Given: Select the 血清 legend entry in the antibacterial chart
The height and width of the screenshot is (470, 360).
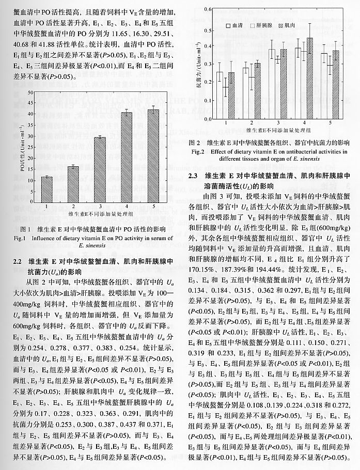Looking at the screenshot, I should point(237,24).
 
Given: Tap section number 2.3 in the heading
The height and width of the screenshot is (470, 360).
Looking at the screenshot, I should point(195,176).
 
